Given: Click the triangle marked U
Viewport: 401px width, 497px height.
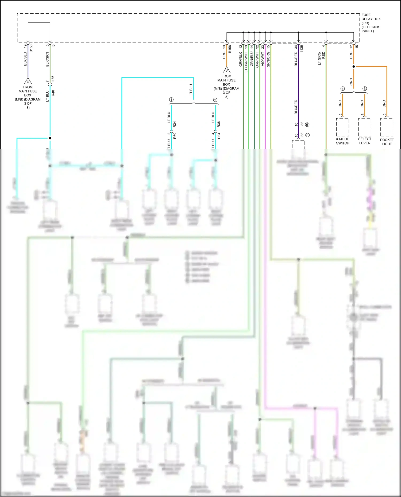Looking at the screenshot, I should pos(28,81).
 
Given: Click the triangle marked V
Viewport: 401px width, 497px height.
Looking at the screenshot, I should pos(227,71).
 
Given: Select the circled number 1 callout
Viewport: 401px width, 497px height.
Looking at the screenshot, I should pos(171,100).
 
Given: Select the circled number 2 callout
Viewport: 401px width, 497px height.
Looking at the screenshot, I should pos(215,100).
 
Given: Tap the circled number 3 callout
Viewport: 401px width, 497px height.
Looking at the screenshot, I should pos(365,89).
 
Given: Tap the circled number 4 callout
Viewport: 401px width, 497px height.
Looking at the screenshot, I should pos(342,89).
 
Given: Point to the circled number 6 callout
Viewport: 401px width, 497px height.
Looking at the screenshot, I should pos(307,125).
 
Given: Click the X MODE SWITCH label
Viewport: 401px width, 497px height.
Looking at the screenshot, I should pos(342,141).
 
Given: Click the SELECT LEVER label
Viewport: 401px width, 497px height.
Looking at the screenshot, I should pos(365,141).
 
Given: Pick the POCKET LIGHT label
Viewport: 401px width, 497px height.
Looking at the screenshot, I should pos(387,142).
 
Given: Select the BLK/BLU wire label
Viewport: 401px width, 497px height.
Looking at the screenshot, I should pos(25,59).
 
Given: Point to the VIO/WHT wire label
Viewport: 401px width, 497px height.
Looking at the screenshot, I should pos(263,59).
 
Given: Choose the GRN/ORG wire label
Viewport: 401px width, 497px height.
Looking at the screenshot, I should pos(268,59).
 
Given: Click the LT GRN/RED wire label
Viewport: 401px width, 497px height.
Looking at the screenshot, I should pos(321,58).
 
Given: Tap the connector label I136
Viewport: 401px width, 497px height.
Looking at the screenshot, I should pos(302,48).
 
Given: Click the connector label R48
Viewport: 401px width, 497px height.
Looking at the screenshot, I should pos(53,93).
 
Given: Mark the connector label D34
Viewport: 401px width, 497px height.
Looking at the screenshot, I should pos(219,136).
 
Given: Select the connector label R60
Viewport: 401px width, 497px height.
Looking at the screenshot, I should pos(175,136).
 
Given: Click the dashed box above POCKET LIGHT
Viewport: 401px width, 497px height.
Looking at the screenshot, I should pos(387,127).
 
